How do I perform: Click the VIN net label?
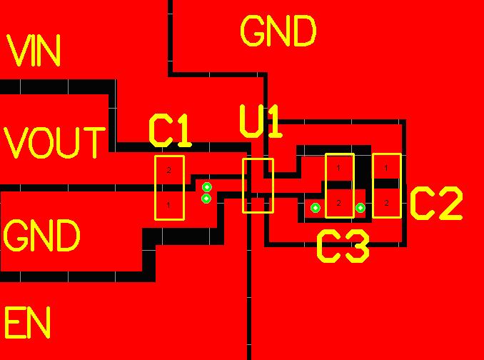tap(34, 51)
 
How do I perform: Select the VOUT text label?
tap(54, 142)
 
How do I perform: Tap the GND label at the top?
tap(278, 32)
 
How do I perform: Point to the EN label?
tap(28, 323)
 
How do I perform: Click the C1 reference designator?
tap(170, 130)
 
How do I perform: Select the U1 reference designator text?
tap(261, 121)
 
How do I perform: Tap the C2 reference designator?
tap(436, 204)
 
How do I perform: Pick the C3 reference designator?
tap(343, 247)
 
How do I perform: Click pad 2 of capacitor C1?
tap(169, 171)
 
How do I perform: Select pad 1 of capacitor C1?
tap(169, 204)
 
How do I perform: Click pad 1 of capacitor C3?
tap(339, 168)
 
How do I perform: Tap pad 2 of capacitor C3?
tap(339, 203)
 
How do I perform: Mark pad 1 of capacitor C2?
tap(386, 168)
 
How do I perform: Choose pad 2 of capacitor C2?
tap(386, 203)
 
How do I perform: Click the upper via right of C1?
tap(207, 187)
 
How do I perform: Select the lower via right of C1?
tap(206, 198)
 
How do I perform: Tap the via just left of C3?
tap(315, 208)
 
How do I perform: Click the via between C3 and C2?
tap(361, 208)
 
